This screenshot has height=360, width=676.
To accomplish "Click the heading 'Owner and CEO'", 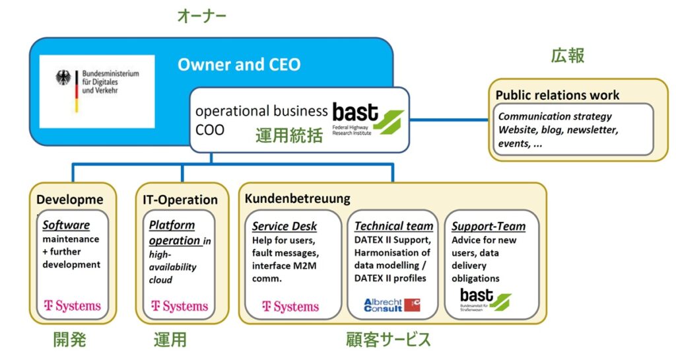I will click(238, 65).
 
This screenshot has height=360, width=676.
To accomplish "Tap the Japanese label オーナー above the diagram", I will click(201, 16).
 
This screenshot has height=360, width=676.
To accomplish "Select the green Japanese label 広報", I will click(568, 55).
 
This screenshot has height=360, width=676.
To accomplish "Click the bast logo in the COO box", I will click(368, 117).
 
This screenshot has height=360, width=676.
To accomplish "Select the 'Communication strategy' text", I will click(555, 116).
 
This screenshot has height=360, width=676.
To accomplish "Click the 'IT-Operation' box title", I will click(180, 199).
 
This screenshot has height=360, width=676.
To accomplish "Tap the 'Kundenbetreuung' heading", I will click(297, 198).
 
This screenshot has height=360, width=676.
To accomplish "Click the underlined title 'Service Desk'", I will click(285, 226).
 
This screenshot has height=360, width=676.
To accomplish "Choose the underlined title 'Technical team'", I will click(394, 226).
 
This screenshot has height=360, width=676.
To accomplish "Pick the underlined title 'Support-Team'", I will click(489, 226).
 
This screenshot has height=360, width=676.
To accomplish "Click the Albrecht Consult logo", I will click(392, 305).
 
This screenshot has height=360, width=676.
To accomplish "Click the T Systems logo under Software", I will click(72, 306).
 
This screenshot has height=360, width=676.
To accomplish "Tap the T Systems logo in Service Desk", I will click(290, 306).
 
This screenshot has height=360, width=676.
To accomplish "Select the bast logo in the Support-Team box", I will click(485, 299).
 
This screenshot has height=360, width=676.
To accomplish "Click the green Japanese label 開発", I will click(69, 340).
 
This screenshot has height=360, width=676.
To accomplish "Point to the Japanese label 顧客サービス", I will click(388, 340).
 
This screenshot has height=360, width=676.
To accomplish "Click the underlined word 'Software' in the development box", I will click(66, 225).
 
